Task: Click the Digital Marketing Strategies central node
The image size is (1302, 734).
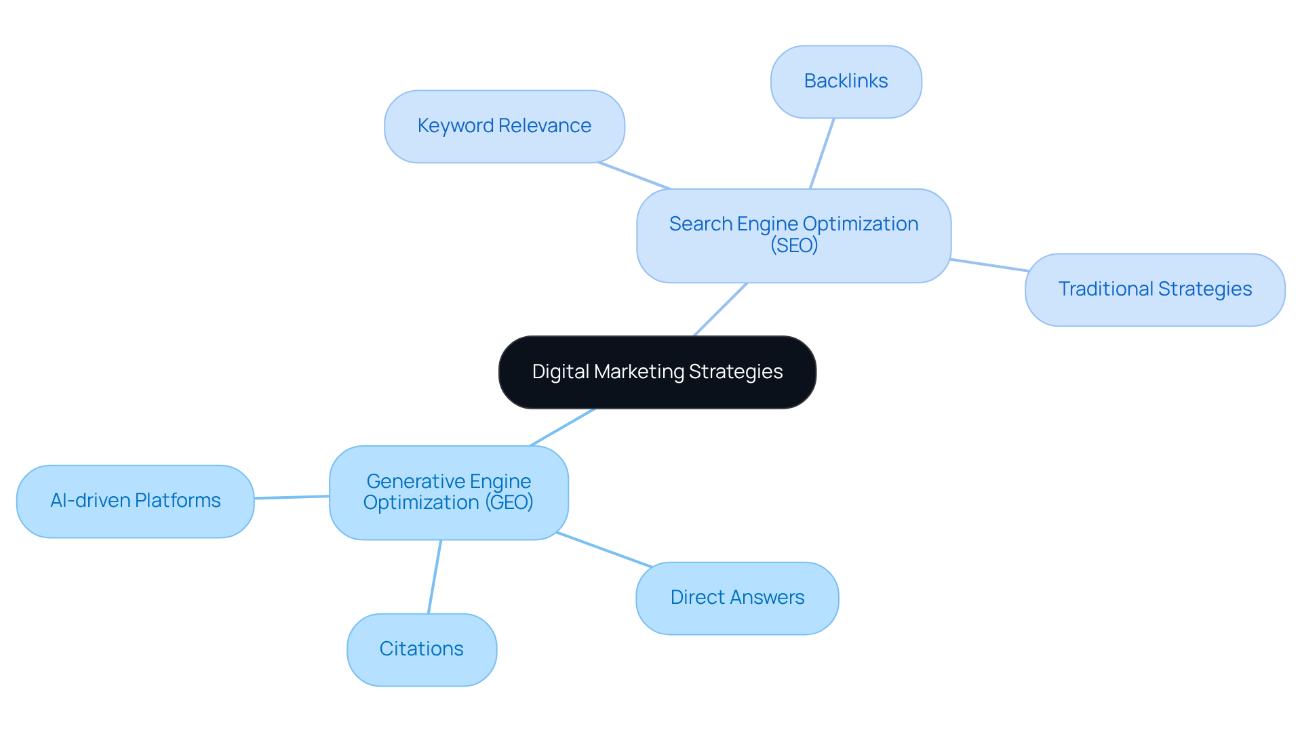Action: click(x=657, y=372)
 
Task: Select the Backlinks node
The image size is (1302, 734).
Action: click(x=846, y=81)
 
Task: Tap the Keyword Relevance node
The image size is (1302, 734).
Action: click(x=504, y=126)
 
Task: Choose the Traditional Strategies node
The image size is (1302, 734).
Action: click(x=1154, y=289)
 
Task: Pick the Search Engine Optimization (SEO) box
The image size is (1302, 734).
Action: click(x=793, y=235)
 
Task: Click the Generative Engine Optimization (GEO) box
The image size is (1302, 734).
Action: click(x=448, y=492)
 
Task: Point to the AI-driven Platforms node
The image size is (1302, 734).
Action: click(x=135, y=501)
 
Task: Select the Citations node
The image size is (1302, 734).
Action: click(x=421, y=649)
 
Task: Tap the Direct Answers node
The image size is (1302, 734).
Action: click(x=737, y=598)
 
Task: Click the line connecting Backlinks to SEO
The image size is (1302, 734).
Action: click(x=822, y=153)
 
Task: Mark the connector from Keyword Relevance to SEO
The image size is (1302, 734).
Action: click(x=634, y=176)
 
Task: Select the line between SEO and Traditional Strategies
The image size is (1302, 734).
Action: click(x=989, y=265)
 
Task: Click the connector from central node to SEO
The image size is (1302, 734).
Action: click(x=720, y=309)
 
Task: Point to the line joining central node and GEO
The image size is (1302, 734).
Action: click(x=562, y=427)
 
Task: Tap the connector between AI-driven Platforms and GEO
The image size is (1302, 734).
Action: click(x=292, y=497)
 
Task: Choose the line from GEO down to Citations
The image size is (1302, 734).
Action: click(x=435, y=577)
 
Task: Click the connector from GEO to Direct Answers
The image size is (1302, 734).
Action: click(x=604, y=550)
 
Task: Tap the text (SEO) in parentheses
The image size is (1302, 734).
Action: click(x=794, y=245)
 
